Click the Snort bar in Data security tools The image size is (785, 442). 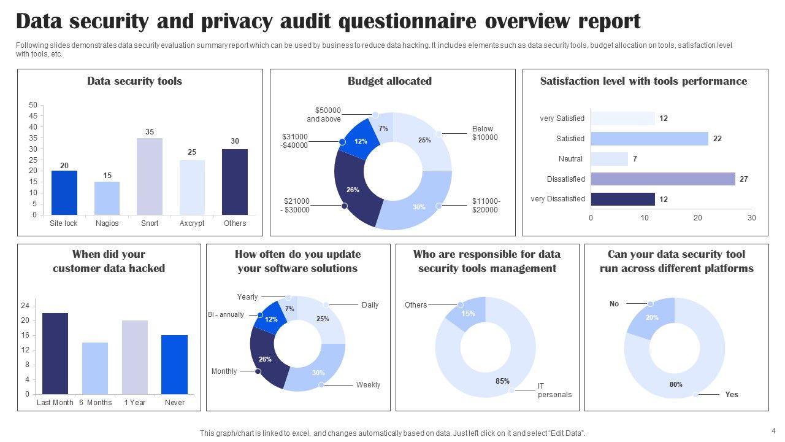(150, 177)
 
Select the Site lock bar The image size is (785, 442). (64, 193)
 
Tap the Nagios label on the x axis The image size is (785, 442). (107, 223)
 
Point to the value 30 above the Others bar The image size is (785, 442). (235, 141)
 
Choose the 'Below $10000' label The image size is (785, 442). (484, 133)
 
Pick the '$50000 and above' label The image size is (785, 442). (324, 115)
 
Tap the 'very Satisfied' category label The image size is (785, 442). (562, 118)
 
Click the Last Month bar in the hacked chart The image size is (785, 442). (55, 353)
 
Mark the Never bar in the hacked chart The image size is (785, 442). (175, 364)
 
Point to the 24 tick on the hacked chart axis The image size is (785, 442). (25, 306)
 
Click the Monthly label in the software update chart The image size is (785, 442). (224, 371)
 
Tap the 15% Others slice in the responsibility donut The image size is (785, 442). (467, 314)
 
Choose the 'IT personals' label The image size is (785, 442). (554, 390)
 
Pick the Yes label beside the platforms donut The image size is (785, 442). (732, 395)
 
